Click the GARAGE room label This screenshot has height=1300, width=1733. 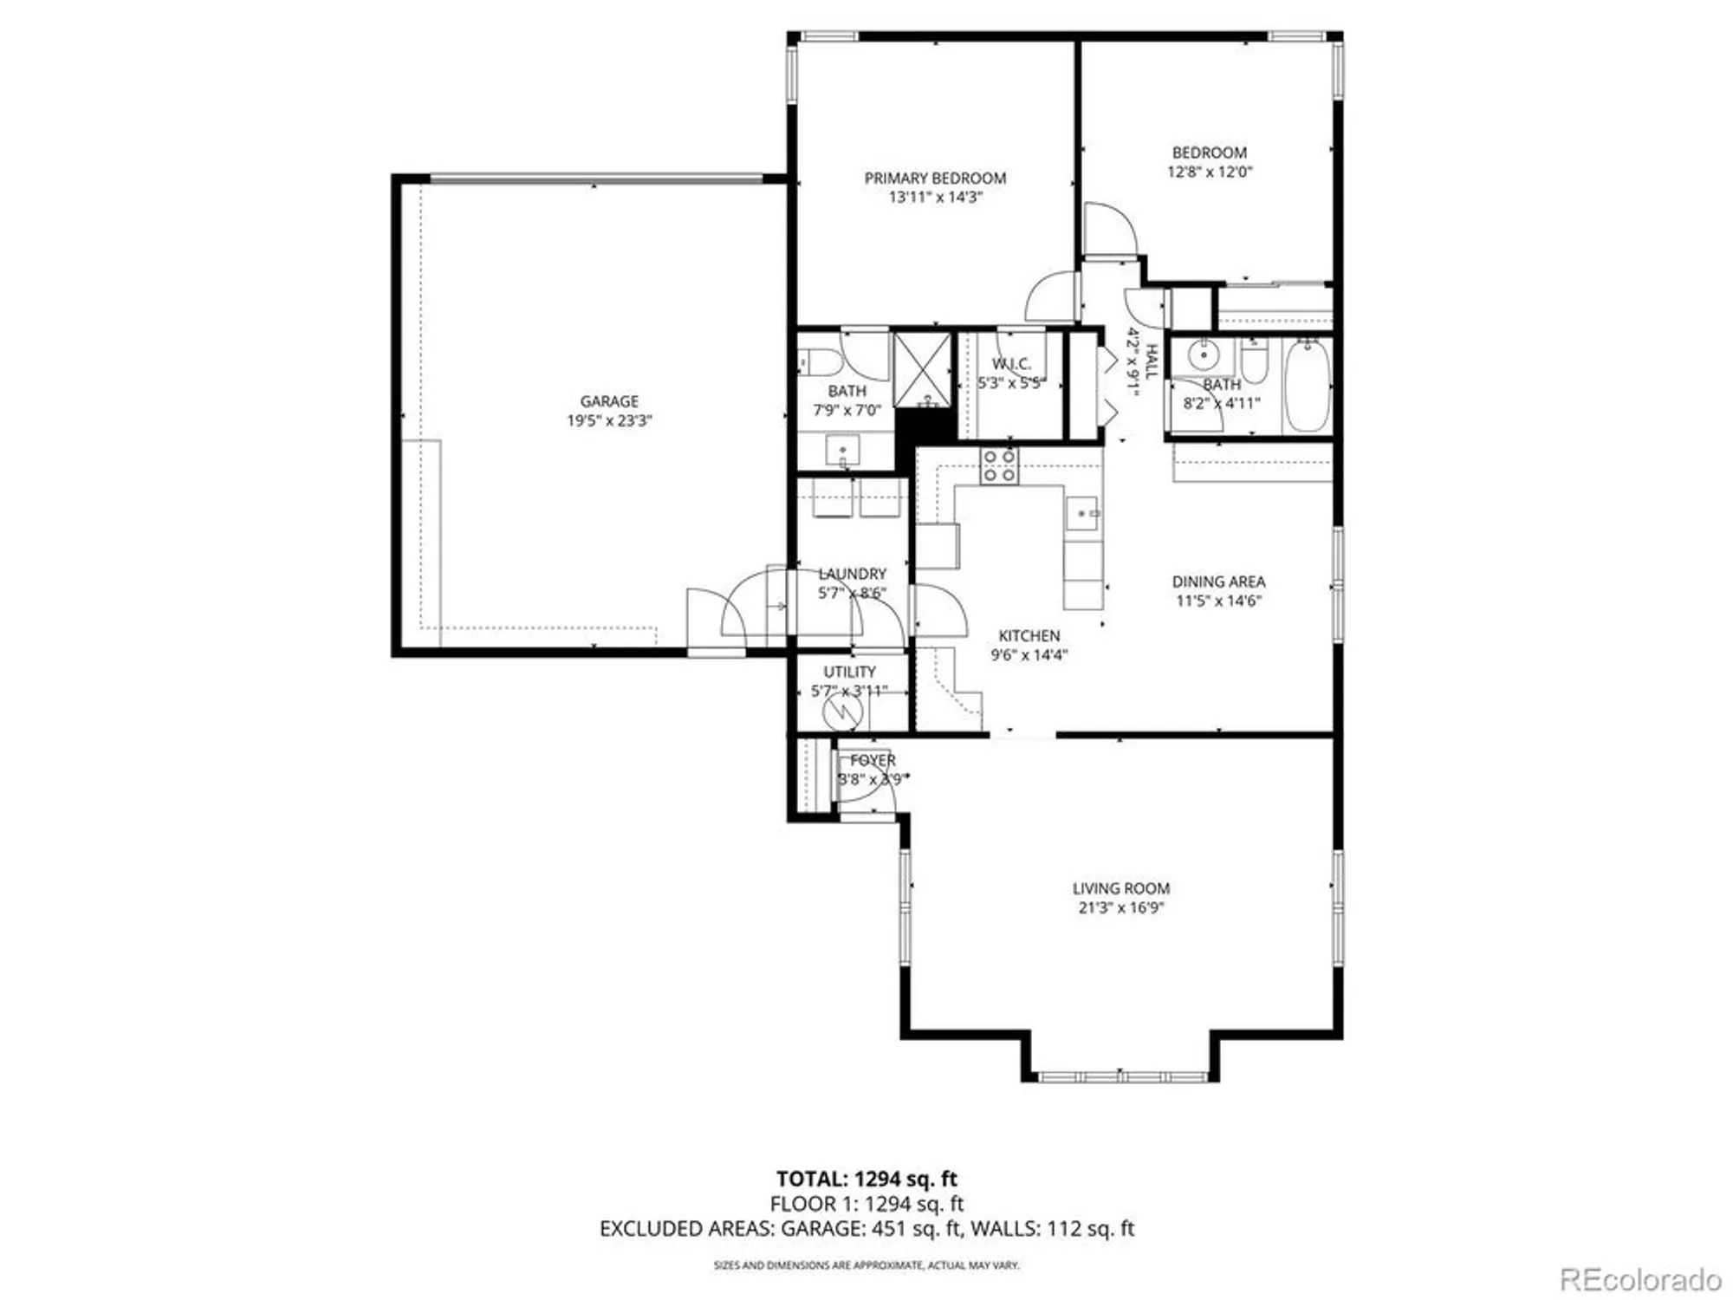click(x=609, y=401)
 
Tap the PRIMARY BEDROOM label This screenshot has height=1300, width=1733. click(x=935, y=178)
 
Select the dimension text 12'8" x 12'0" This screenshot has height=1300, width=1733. click(x=1210, y=172)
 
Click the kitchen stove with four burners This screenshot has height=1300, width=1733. click(x=999, y=466)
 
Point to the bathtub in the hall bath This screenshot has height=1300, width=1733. click(x=1307, y=387)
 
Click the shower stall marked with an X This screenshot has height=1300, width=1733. click(x=922, y=369)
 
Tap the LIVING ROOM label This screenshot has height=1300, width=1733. click(x=1120, y=888)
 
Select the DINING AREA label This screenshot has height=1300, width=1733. click(x=1218, y=582)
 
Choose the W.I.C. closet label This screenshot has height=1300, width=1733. click(x=1011, y=364)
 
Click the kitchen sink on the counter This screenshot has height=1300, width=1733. click(x=1082, y=513)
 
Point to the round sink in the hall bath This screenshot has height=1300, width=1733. click(x=1204, y=355)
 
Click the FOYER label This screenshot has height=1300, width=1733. click(x=873, y=760)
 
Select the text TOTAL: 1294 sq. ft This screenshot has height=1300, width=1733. click(x=866, y=1179)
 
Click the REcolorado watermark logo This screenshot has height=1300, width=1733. click(x=1639, y=1279)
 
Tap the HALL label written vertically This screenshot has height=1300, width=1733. click(x=1152, y=361)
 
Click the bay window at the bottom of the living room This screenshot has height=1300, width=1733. click(x=1120, y=1076)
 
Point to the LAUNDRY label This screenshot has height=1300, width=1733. click(x=853, y=574)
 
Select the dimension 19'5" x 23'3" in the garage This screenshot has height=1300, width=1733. click(x=609, y=421)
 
